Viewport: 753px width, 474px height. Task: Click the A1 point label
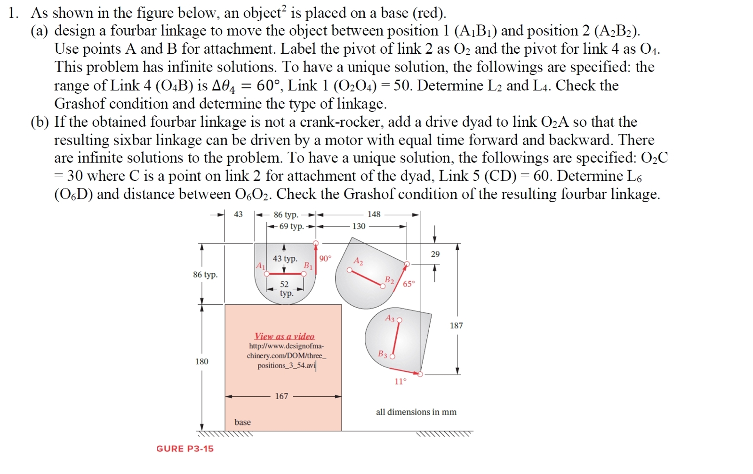[260, 266]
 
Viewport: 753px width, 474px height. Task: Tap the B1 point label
[308, 265]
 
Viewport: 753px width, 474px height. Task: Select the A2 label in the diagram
[358, 261]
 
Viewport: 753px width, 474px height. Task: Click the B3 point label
[383, 354]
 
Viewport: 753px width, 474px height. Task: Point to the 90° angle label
[325, 258]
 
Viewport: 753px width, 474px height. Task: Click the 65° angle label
[409, 284]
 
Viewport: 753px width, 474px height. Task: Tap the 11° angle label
[400, 381]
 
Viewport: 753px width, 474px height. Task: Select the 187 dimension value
[456, 326]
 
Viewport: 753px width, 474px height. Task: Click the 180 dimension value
[201, 361]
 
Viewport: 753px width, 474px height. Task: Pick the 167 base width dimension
[281, 396]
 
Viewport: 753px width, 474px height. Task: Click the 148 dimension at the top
[374, 214]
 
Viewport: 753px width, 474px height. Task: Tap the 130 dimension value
[359, 226]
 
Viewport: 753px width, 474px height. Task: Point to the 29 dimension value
[435, 254]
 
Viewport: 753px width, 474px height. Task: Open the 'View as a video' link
[284, 336]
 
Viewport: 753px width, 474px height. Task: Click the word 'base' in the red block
[242, 422]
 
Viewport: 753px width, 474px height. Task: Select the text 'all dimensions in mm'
[416, 412]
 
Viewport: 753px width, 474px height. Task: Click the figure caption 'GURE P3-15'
[185, 449]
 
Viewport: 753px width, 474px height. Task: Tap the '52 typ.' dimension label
[285, 288]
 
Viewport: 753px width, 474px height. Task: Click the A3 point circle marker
[400, 320]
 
